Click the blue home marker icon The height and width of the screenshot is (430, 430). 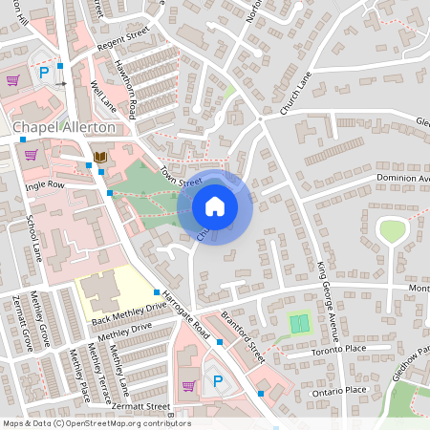point(215,206)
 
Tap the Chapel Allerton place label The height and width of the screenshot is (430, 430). point(64,126)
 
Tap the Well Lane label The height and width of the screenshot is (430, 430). point(100,97)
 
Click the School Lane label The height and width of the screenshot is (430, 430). point(34,239)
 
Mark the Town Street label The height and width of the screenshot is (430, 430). point(182,176)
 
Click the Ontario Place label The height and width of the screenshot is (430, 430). point(342,390)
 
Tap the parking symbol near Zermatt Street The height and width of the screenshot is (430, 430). point(217,382)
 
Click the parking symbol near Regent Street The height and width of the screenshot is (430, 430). point(43,73)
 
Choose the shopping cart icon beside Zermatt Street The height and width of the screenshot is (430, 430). point(188,386)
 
